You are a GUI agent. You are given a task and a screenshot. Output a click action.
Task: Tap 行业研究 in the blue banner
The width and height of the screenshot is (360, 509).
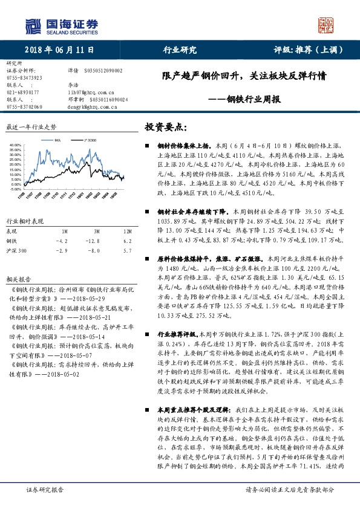(180, 50)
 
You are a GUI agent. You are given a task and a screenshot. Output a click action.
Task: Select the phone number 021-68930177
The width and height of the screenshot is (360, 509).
(22, 92)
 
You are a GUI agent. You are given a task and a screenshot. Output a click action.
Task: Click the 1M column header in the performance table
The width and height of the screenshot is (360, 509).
(64, 232)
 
